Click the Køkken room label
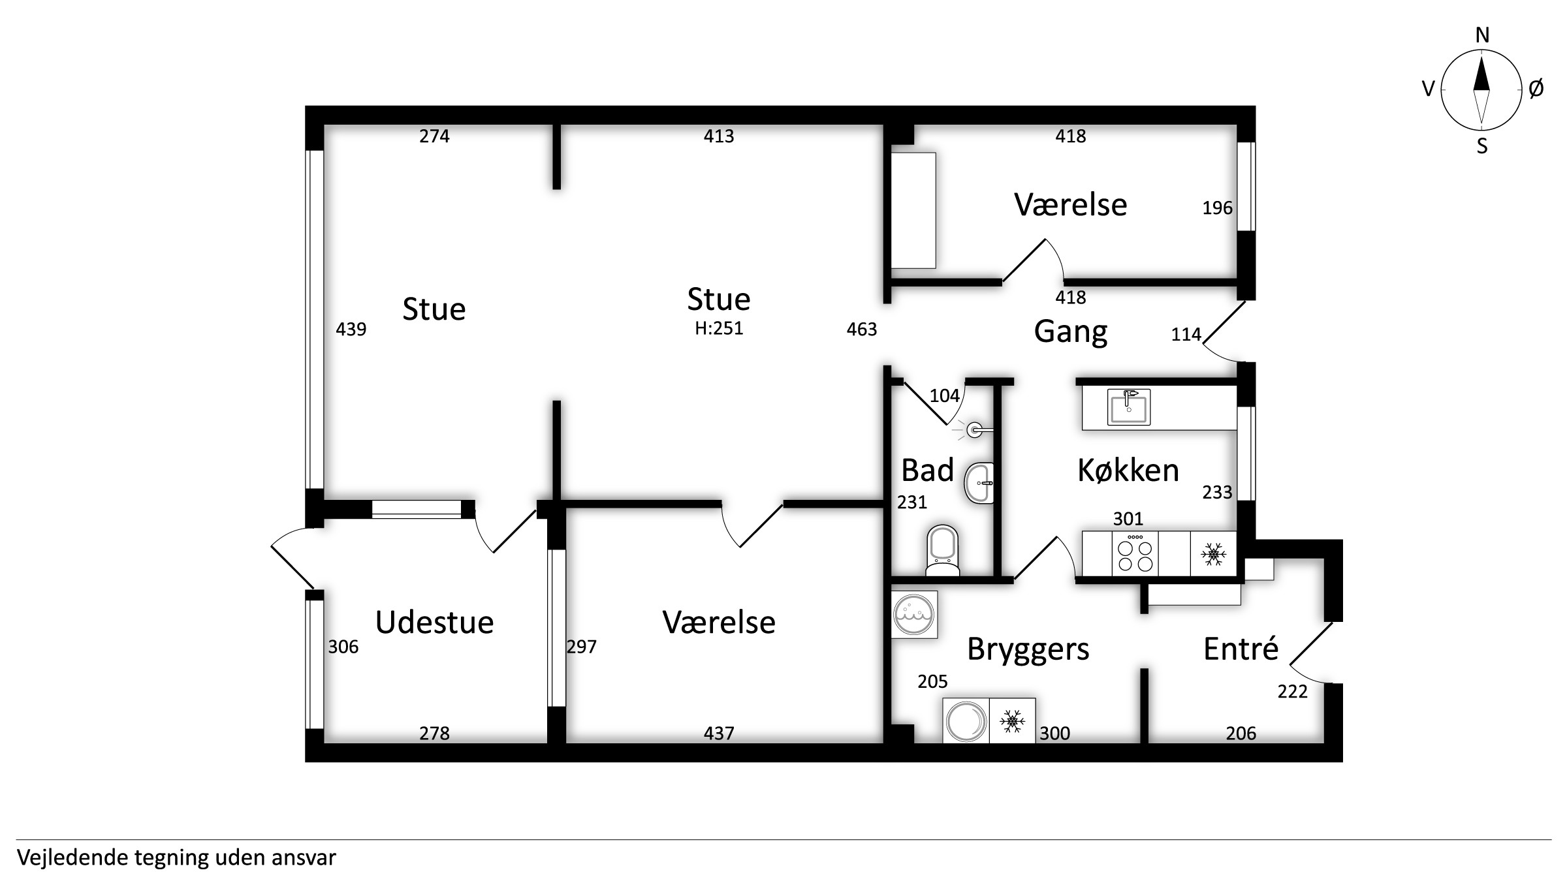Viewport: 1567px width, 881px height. point(1128,470)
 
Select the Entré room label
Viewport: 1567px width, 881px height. point(1241,648)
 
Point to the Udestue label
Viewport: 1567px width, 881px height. point(434,623)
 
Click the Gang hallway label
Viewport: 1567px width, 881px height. point(1071,332)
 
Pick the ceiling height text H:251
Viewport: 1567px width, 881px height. point(719,328)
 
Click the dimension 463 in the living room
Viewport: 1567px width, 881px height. point(862,330)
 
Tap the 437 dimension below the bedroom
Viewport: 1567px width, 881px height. point(719,734)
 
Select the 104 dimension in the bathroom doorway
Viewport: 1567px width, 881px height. point(945,395)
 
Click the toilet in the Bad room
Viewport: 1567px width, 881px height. point(943,551)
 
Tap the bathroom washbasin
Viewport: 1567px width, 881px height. point(979,484)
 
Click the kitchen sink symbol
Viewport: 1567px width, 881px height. point(1129,407)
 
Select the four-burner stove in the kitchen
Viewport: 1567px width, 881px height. point(1135,553)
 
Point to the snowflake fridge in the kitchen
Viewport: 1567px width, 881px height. point(1213,554)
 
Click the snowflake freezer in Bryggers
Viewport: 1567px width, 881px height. point(1013,720)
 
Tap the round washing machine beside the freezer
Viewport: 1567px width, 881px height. point(966,720)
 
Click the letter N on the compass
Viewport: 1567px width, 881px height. point(1483,36)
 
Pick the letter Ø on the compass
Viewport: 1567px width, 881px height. point(1536,88)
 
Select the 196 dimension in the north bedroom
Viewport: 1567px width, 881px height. point(1218,208)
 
